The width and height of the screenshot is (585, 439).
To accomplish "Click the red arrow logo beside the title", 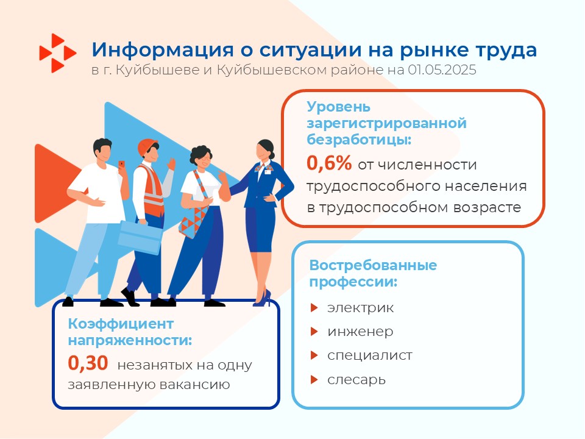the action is click(58, 53).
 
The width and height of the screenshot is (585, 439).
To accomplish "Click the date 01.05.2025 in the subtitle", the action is click(442, 70).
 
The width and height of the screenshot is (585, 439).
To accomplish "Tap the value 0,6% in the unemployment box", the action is click(329, 163).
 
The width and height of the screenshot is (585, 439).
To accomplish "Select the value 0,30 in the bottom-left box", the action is click(88, 363).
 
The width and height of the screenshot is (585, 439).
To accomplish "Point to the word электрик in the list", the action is click(360, 308).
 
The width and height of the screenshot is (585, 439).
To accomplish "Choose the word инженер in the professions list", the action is click(360, 332).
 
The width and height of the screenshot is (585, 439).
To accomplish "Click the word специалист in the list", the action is click(370, 355).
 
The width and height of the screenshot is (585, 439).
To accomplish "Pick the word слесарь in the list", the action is click(356, 380).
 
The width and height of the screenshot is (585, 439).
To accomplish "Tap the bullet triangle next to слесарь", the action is click(314, 380).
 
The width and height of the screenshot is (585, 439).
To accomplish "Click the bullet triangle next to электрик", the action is click(314, 307).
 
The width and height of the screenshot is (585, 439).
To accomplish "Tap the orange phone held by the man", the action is click(122, 165).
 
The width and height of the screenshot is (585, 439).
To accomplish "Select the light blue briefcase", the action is click(140, 237).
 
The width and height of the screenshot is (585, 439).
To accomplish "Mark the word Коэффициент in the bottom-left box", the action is click(121, 324).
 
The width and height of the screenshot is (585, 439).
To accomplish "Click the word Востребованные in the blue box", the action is click(373, 265).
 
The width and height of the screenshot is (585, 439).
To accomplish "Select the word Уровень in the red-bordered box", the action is click(338, 107).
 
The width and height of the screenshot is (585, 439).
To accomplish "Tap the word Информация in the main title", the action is click(163, 49).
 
